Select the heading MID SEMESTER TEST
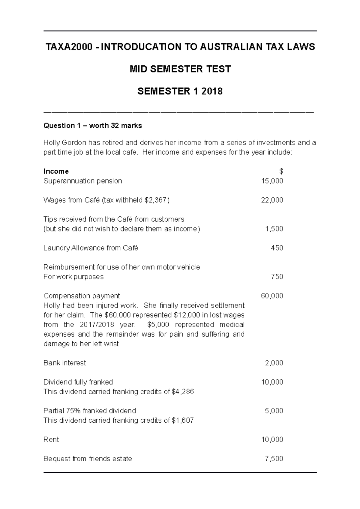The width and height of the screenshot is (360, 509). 180,69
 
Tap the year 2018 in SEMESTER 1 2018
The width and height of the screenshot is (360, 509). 212,91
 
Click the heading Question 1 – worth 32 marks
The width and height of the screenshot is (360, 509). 93,126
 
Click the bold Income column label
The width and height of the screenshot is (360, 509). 56,171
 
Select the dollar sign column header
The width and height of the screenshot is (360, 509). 281,171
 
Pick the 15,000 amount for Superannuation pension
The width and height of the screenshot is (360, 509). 272,181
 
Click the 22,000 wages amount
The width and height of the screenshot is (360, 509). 272,200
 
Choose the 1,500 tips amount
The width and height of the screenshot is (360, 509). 274,229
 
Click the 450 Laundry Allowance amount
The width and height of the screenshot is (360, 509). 277,248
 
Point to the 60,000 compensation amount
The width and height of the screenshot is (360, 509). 272,296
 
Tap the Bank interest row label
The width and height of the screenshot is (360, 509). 65,363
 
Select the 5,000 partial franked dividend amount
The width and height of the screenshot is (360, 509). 274,411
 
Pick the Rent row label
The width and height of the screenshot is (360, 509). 51,439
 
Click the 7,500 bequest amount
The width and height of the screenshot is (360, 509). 274,459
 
